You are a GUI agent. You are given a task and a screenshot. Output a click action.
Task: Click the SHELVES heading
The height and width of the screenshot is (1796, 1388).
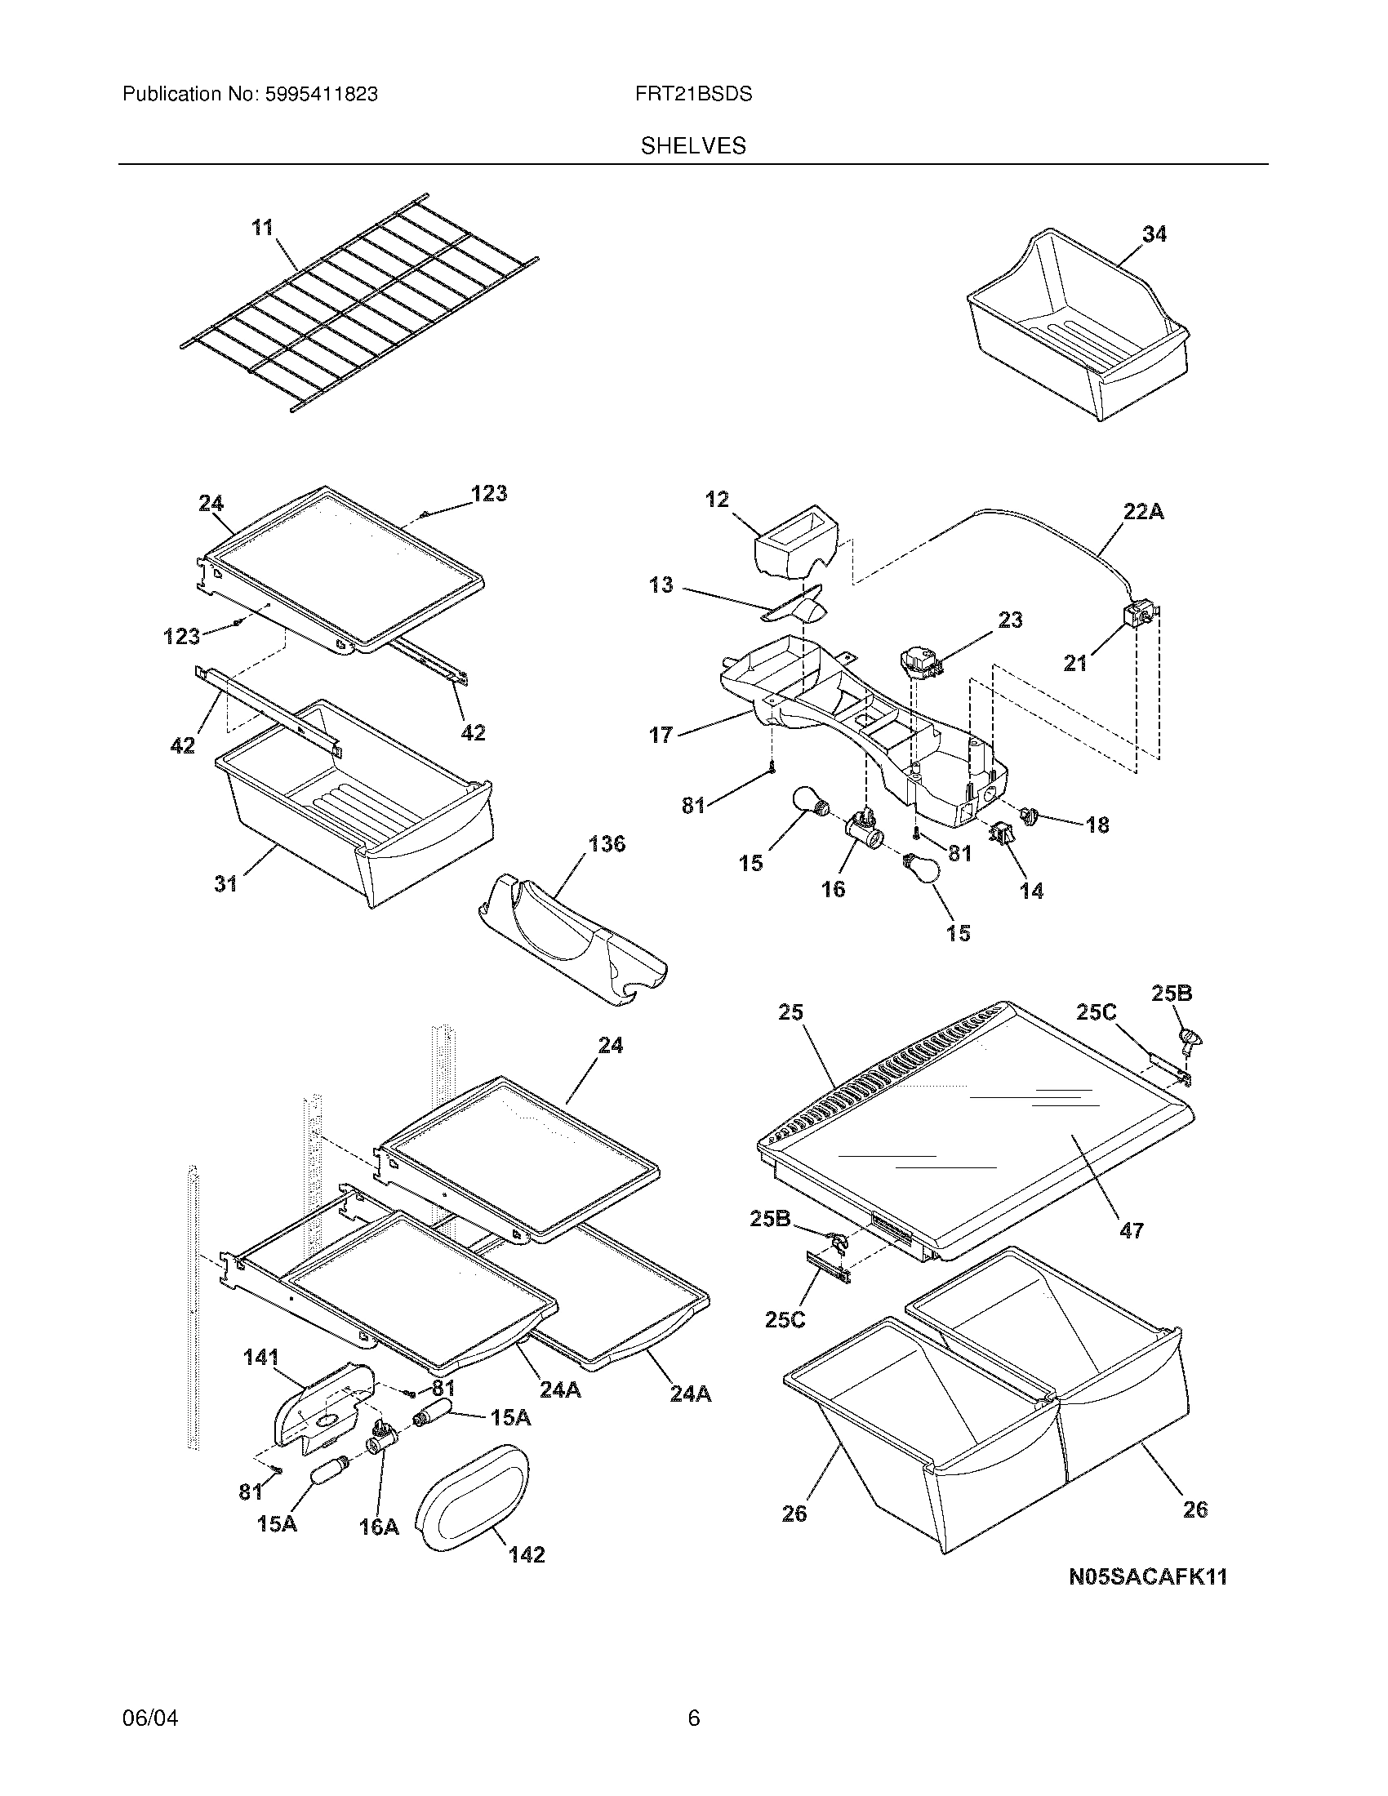coord(693,146)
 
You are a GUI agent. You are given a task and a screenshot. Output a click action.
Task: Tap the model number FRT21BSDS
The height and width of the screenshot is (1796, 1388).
coord(693,95)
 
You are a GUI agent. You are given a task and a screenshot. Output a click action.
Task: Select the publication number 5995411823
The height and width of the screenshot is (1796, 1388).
coord(321,95)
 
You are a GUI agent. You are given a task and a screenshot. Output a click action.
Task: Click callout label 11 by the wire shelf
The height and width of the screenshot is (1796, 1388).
coord(262,228)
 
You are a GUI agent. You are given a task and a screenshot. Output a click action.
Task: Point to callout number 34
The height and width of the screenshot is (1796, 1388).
coord(1154,234)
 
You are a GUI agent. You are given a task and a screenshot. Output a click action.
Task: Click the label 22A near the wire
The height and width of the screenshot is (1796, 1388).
coord(1144,513)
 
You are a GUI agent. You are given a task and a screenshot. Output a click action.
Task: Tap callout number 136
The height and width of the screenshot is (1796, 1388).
coord(607,844)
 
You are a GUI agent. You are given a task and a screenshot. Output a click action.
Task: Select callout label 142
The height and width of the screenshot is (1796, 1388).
coord(527,1555)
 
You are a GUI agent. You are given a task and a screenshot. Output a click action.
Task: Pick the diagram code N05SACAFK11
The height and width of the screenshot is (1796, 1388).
coord(1148,1576)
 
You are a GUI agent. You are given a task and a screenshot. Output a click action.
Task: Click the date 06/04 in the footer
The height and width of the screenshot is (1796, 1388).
coord(149,1718)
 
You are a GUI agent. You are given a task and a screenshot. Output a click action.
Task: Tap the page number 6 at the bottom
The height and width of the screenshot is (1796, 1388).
coord(693,1718)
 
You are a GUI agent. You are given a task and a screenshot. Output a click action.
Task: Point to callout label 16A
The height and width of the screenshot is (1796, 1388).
coord(378,1528)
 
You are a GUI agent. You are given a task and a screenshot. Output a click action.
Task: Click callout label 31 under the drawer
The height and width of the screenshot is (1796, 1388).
coord(226,884)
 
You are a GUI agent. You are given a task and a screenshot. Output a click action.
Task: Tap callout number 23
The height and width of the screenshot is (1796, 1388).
coord(1011,620)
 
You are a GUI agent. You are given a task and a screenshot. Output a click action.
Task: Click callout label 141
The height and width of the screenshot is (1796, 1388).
coord(260,1358)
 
